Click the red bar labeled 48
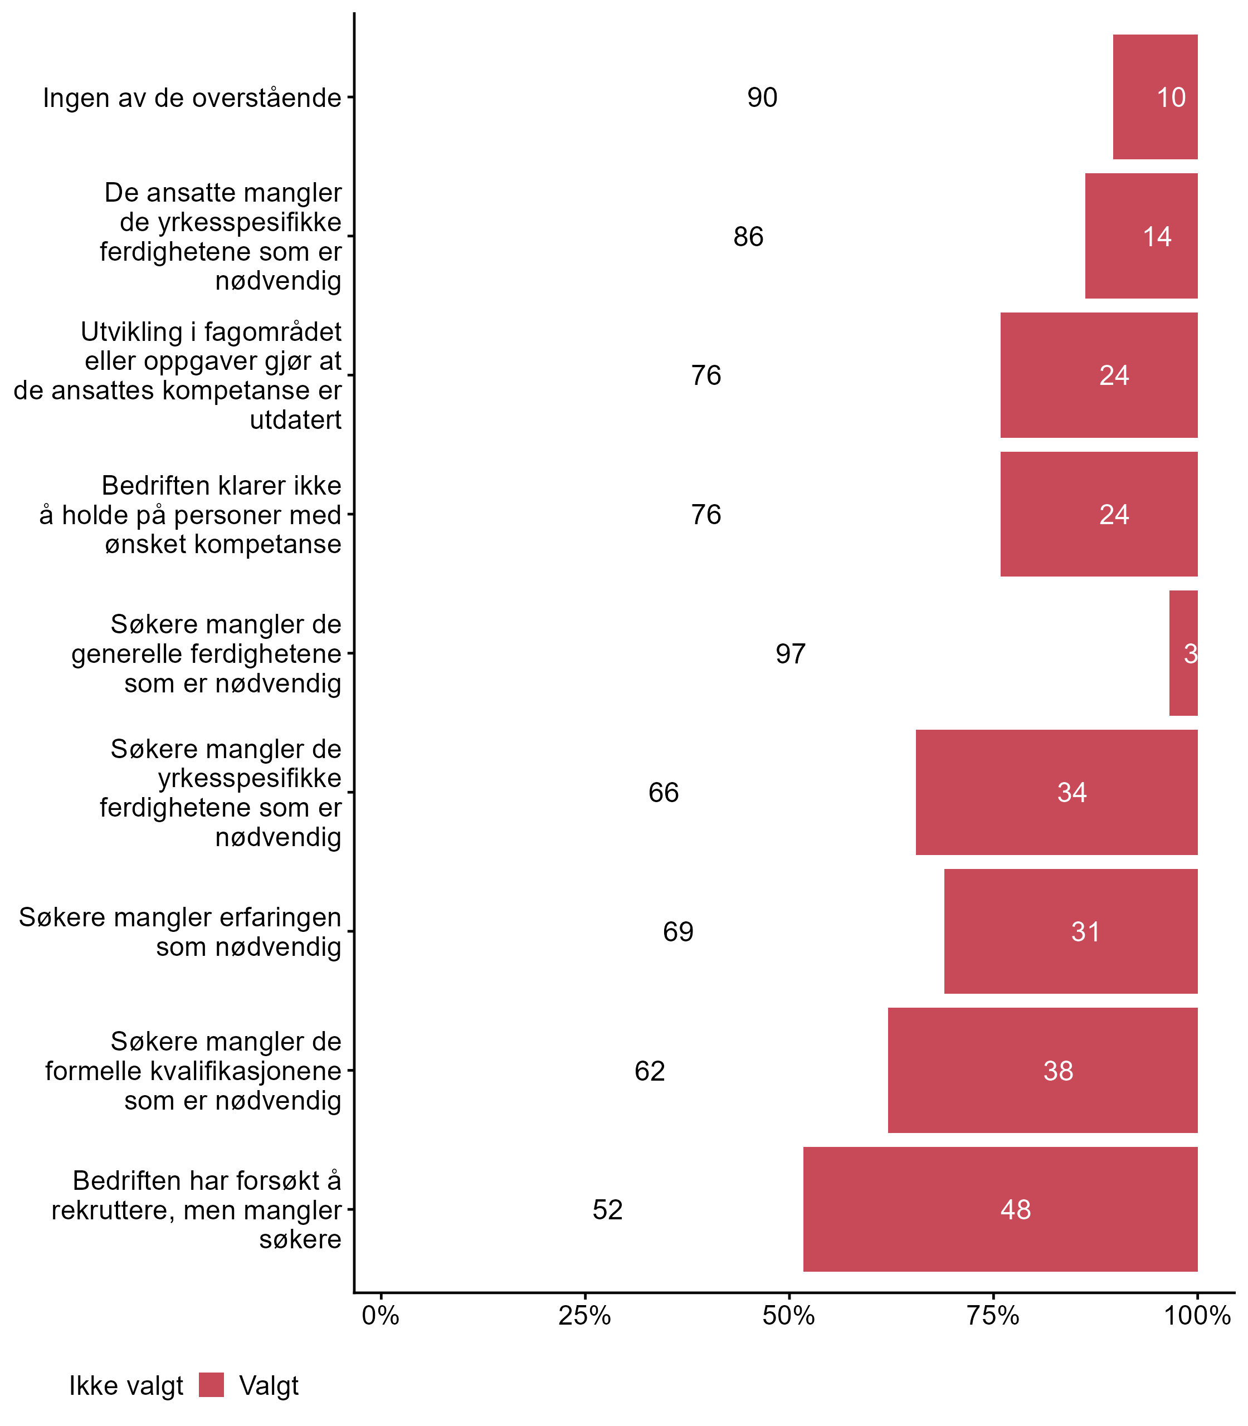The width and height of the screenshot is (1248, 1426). point(1000,1209)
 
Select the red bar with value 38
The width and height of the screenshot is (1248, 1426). point(1042,1070)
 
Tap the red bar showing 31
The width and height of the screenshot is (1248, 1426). point(1070,931)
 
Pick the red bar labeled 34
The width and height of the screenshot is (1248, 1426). point(1056,792)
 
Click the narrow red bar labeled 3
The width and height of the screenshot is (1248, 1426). point(1183,653)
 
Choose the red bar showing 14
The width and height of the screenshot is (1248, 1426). point(1141,236)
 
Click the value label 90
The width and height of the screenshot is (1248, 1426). point(762,97)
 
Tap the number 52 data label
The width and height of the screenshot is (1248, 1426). point(607,1210)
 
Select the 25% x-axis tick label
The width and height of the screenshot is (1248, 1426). point(585,1316)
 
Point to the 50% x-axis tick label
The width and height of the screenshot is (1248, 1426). point(789,1316)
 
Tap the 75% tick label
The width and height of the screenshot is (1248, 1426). point(993,1316)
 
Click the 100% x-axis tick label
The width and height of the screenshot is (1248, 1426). point(1197,1316)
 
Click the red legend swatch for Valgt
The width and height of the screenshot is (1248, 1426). point(211,1385)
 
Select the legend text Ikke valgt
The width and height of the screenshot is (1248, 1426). point(125,1386)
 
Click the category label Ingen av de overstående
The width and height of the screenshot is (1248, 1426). point(192,98)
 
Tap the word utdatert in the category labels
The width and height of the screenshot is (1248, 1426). point(295,420)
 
